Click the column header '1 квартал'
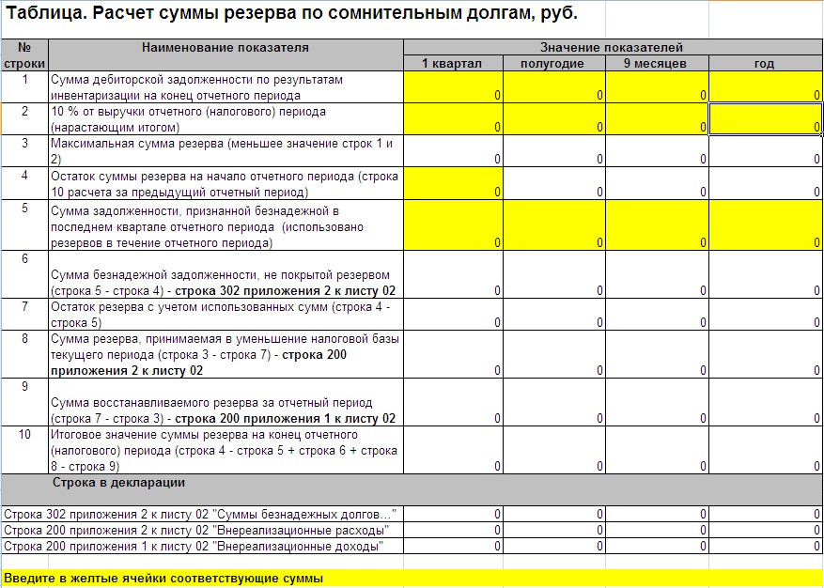coord(453,63)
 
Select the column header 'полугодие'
coord(554,63)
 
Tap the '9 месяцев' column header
coord(656,63)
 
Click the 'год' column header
coord(765,63)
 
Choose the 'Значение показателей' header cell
coord(612,47)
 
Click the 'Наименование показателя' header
coord(225,47)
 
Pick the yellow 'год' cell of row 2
coord(765,118)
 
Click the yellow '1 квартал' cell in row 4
coord(453,184)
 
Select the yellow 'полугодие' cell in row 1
coord(554,87)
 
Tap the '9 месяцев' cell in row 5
coord(656,225)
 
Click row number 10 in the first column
coord(24,435)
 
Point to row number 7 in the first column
coord(24,306)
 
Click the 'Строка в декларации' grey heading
coord(118,483)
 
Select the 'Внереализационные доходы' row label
coord(194,546)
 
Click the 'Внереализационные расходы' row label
coord(194,531)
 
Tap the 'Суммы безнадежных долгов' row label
coord(200,515)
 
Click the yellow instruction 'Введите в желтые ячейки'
coord(163,579)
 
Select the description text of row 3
coord(221,151)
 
